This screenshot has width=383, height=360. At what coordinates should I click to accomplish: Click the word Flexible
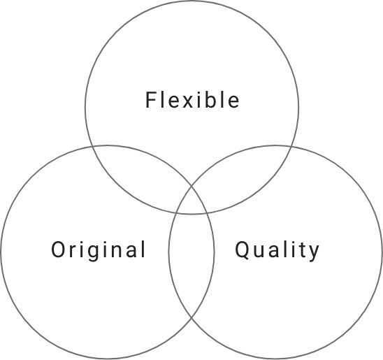pos(192,100)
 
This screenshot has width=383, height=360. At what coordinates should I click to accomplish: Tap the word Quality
pos(277,251)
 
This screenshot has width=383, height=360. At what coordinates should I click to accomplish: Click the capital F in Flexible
pos(151,100)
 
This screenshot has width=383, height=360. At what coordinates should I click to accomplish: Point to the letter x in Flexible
pos(188,102)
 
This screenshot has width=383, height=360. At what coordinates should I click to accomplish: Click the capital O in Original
pos(58,249)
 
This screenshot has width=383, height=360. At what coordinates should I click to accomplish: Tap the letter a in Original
pos(131,252)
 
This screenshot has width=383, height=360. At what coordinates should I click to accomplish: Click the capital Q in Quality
pos(242,250)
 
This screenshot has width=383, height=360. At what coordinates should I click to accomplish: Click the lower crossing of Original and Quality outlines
pos(191,318)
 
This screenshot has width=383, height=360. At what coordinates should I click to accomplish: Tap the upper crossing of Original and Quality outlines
pos(191,187)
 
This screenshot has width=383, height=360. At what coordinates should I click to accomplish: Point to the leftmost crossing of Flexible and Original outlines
pos(92,147)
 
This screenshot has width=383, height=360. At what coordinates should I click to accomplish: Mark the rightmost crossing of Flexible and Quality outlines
pos(291,147)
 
